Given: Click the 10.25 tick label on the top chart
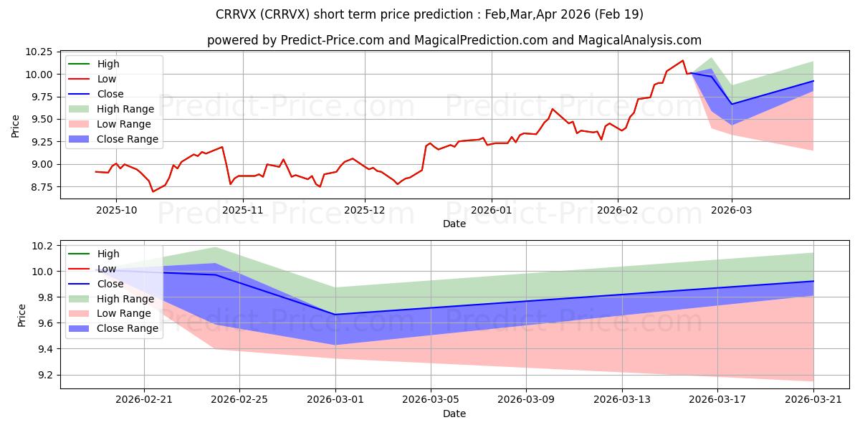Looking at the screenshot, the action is [x=39, y=52].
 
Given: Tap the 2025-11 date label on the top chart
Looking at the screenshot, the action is [x=243, y=210].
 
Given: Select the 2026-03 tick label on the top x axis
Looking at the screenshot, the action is [x=732, y=210].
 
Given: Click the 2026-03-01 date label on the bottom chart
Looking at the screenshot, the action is [x=335, y=400].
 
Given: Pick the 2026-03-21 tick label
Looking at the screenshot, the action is [x=813, y=400].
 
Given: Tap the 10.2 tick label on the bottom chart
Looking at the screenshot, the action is [x=41, y=246].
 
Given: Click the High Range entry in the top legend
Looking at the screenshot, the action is [x=125, y=109].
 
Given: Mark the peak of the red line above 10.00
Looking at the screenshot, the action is [x=682, y=60].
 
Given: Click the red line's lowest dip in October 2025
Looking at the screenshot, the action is [x=153, y=191].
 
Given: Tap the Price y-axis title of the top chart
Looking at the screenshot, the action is [x=15, y=126].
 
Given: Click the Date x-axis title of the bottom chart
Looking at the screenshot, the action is [x=454, y=414].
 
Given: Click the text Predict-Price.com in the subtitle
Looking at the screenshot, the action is [x=333, y=40].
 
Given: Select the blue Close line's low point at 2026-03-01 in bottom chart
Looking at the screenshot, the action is [x=335, y=315].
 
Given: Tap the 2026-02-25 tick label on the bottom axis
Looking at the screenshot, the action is [x=239, y=400].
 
